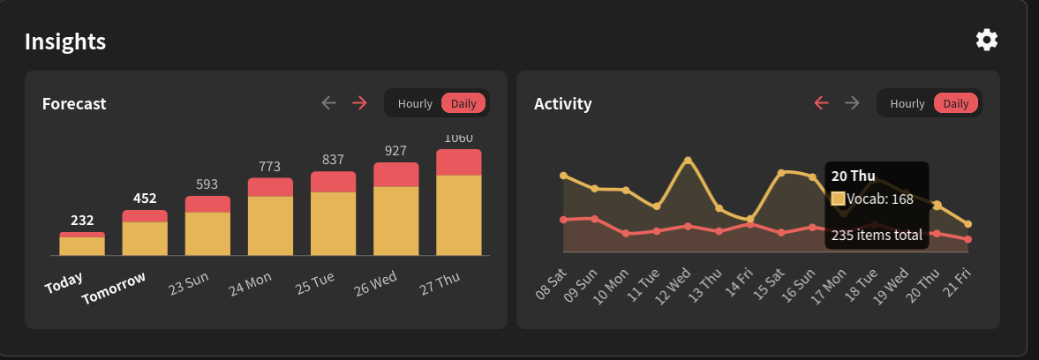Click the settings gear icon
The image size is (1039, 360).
point(987,41)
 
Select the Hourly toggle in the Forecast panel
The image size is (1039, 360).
point(415,103)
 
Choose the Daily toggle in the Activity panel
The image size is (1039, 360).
point(955,103)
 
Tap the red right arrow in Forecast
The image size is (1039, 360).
point(360,103)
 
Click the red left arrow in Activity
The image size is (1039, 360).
point(822,103)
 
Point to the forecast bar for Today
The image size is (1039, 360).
point(82,244)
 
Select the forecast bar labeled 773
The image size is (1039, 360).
point(270,216)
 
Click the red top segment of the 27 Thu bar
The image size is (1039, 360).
point(458,162)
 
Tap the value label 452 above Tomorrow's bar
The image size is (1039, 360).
point(145,198)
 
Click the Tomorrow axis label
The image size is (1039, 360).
point(113,289)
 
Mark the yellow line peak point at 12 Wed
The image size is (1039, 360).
point(688,161)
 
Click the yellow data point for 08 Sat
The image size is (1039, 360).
point(564,176)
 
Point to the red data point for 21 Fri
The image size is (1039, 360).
point(968,239)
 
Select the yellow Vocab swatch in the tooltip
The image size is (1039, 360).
point(839,199)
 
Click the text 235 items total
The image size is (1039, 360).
point(877,235)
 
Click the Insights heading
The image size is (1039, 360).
point(65,41)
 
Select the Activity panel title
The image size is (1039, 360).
point(562,104)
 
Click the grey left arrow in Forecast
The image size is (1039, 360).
point(329,103)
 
